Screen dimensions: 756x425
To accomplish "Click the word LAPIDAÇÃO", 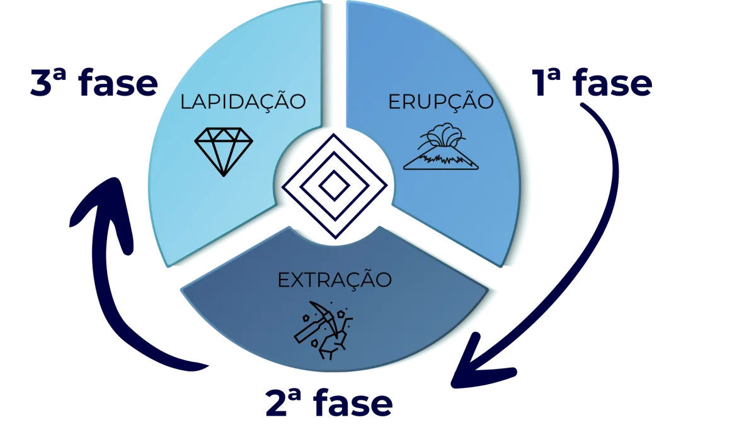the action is click(x=243, y=102).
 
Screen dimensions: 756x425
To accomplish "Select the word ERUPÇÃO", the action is click(x=441, y=102).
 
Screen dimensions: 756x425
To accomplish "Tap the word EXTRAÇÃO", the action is click(x=335, y=280).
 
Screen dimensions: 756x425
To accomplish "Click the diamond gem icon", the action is click(x=224, y=152).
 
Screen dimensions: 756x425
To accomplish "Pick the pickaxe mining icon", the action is click(x=323, y=330).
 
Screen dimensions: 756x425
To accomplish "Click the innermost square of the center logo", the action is click(x=334, y=186).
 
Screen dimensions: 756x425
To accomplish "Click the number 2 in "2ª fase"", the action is click(x=276, y=403).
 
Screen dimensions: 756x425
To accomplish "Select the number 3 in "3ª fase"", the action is click(x=41, y=83).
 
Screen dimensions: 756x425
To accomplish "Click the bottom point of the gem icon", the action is click(x=224, y=176).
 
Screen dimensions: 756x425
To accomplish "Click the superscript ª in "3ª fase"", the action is click(x=60, y=75).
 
